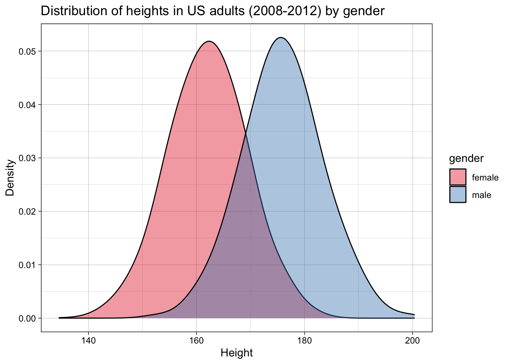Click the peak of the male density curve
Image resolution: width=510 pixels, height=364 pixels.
tap(280, 38)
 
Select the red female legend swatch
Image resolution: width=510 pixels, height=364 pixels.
tap(458, 177)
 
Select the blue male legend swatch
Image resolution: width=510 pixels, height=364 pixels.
tap(458, 195)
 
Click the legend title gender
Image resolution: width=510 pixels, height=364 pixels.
tap(466, 158)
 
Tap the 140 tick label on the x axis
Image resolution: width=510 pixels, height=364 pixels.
tap(88, 340)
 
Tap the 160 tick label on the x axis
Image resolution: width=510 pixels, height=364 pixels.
tap(196, 340)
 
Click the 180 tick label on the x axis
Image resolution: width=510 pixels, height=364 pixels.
tap(304, 340)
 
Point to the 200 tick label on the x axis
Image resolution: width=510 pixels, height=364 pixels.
tap(412, 340)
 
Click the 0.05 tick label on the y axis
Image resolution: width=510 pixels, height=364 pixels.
tap(27, 52)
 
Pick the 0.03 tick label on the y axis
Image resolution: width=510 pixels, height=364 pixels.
tap(27, 158)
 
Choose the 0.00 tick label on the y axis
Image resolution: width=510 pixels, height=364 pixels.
tap(27, 318)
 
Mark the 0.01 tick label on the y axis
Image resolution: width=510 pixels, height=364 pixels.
tap(27, 265)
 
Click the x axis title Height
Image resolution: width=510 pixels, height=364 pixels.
tap(236, 353)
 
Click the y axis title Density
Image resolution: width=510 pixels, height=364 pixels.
tap(10, 177)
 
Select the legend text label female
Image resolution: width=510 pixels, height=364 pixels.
tap(485, 177)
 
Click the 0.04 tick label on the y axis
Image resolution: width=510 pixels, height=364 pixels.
tap(27, 105)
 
